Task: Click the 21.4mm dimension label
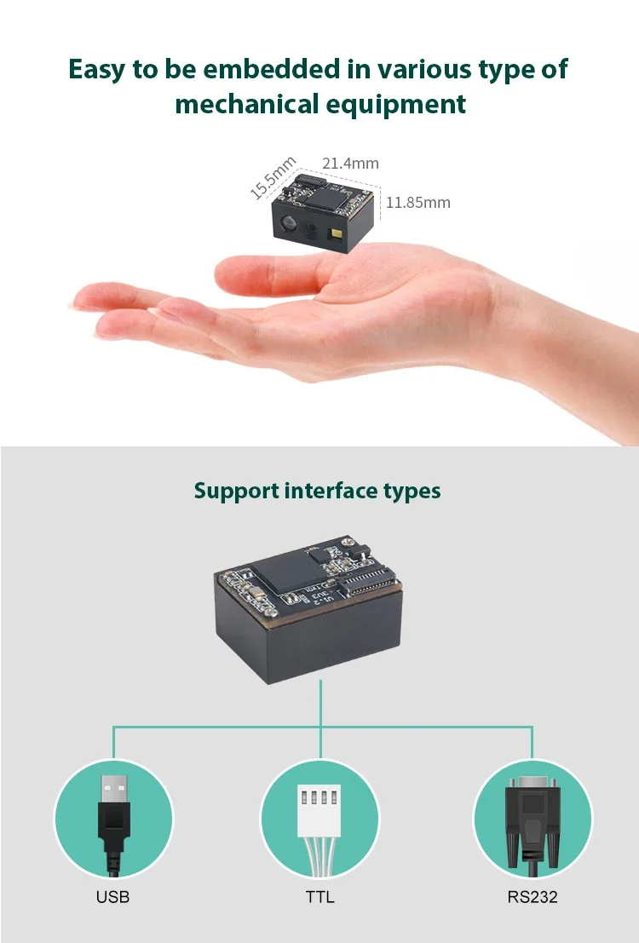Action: pos(350,163)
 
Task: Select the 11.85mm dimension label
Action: pos(417,203)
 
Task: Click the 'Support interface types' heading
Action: pos(318,491)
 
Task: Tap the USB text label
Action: pos(113,897)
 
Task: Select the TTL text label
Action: pos(319,897)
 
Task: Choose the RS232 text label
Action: pos(532,897)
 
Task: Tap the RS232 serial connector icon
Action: pos(532,818)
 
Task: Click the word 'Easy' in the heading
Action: pos(97,69)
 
